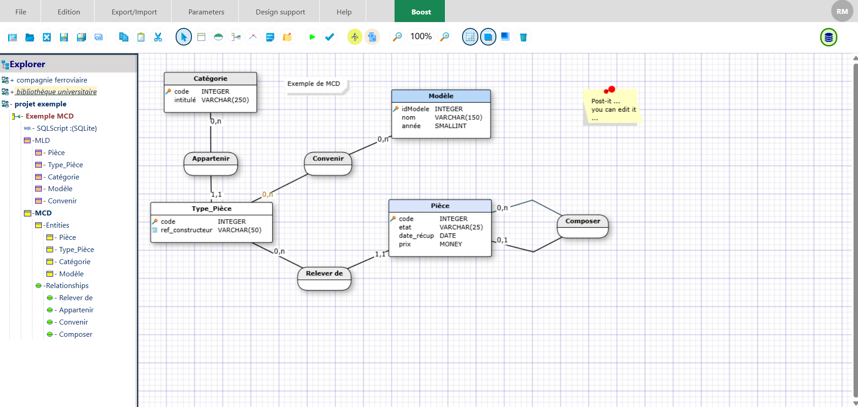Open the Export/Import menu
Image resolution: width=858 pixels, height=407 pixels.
[134, 12]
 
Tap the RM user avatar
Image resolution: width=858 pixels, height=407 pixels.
[842, 12]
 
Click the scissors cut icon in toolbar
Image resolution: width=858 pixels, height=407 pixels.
[158, 37]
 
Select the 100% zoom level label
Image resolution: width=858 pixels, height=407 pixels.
[421, 37]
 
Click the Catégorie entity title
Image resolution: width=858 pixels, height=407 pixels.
[210, 78]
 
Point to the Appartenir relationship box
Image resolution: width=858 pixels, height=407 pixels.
[211, 164]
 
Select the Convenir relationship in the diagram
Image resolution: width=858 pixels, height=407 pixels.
[328, 164]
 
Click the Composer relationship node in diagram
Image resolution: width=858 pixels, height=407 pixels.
[583, 226]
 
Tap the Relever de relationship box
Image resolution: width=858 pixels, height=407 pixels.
[324, 279]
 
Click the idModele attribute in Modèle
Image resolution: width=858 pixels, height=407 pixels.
[415, 109]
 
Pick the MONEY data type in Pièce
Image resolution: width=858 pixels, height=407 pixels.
[451, 244]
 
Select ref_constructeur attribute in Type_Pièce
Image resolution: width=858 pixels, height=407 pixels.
[186, 230]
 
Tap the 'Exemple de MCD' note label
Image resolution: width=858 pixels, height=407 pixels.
[313, 84]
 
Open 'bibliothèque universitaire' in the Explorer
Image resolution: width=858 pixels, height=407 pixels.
[56, 92]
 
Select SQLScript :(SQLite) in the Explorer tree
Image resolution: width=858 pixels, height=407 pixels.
[67, 128]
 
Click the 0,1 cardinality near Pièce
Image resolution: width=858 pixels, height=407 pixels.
[502, 240]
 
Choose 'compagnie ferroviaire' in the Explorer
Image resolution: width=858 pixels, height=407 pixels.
[52, 80]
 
